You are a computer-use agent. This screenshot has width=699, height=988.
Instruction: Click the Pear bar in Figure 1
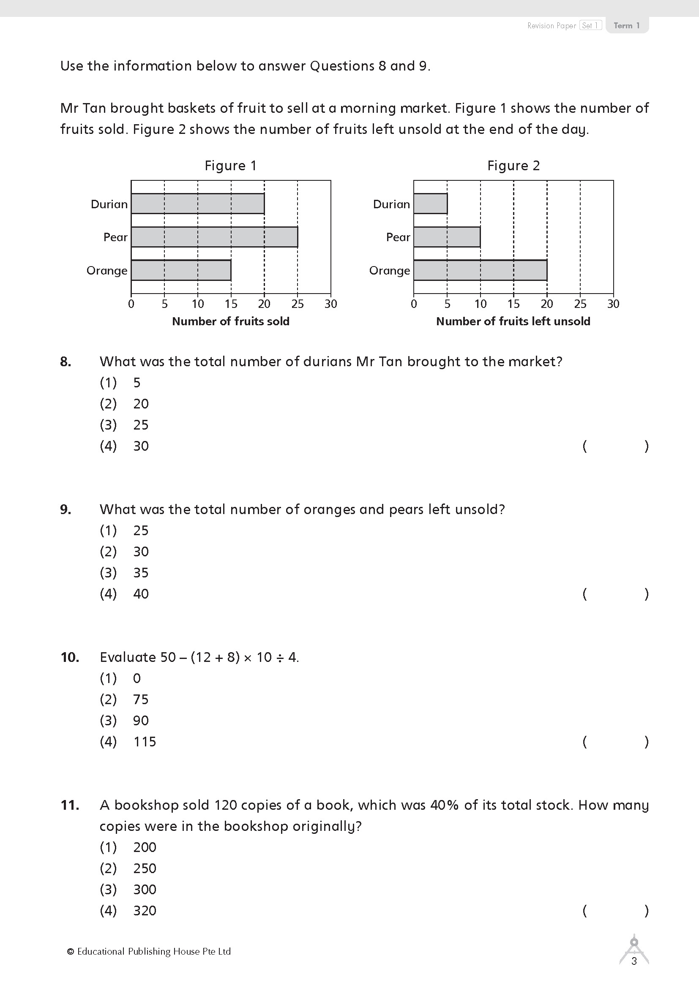[x=214, y=237]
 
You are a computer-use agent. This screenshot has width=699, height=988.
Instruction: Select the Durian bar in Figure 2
[x=430, y=204]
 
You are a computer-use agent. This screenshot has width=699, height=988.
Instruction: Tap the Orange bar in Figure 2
[x=480, y=270]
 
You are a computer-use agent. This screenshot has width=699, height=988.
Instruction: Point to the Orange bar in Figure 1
[x=181, y=270]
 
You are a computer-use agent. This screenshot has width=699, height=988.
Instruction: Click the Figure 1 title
[x=230, y=166]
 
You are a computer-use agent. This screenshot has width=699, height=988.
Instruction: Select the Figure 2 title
[x=513, y=166]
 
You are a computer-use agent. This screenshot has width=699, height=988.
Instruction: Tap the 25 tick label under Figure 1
[x=298, y=304]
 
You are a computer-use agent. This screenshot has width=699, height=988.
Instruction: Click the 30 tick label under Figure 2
[x=613, y=304]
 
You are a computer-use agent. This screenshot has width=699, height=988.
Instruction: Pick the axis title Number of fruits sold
[x=231, y=321]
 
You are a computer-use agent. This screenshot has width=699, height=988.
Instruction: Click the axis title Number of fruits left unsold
[x=513, y=321]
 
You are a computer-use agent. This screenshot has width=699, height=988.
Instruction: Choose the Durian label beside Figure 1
[x=109, y=204]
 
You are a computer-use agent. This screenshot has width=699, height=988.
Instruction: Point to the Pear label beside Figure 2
[x=398, y=237]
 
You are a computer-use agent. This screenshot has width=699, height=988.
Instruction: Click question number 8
[x=66, y=362]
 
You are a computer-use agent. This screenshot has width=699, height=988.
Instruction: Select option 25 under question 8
[x=141, y=425]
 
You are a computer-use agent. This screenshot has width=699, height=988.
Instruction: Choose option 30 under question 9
[x=141, y=552]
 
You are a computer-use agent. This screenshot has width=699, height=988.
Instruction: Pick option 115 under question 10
[x=144, y=742]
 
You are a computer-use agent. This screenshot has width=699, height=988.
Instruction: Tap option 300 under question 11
[x=144, y=890]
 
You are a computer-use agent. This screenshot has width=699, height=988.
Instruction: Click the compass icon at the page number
[x=633, y=949]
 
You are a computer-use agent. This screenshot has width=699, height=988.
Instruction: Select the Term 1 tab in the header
[x=626, y=25]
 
